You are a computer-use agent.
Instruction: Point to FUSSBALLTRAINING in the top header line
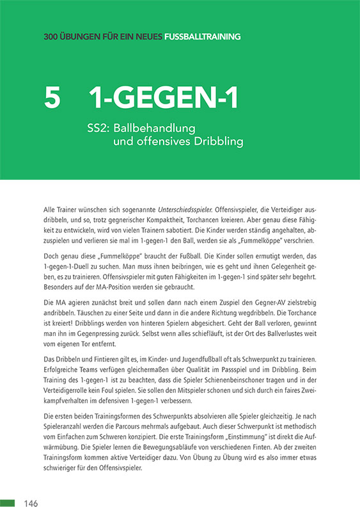pyautogui.click(x=202, y=36)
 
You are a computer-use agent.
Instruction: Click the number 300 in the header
pyautogui.click(x=52, y=36)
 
